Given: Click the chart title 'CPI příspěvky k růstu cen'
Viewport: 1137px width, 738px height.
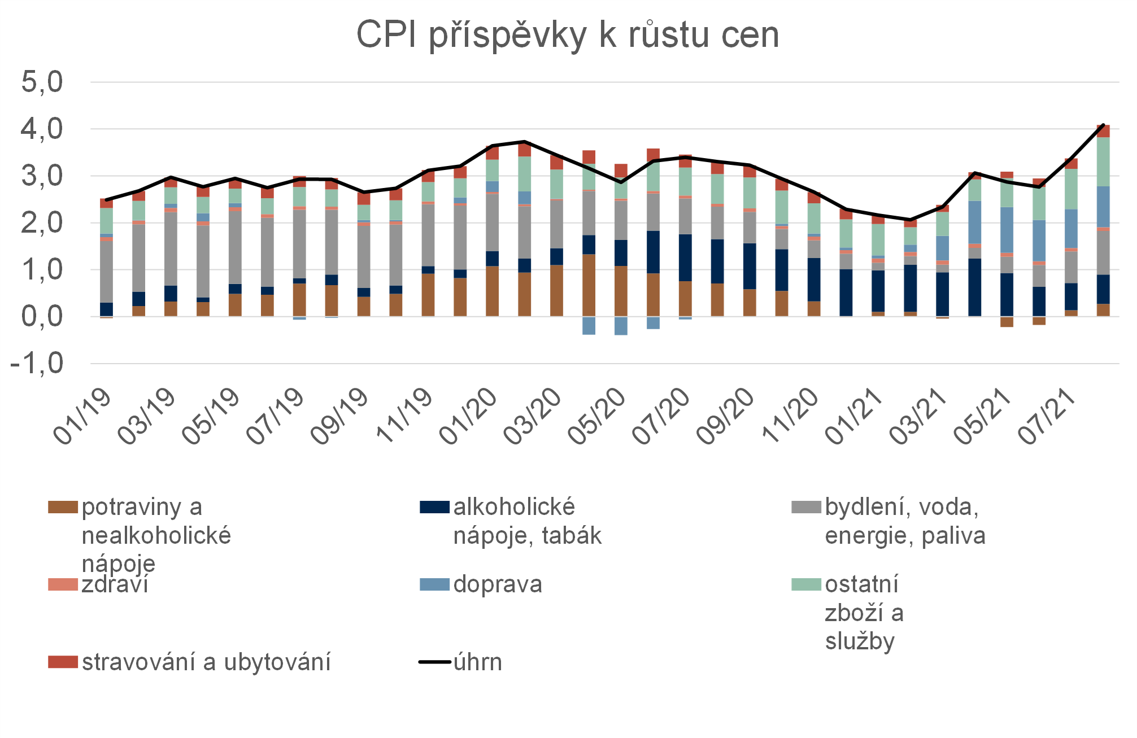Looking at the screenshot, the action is pos(568,35).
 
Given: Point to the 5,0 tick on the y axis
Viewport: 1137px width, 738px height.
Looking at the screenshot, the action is pos(42,82).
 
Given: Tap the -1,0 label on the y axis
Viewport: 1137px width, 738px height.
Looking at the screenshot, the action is pos(37,363).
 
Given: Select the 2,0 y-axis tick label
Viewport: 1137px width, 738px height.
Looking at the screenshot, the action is pos(42,223).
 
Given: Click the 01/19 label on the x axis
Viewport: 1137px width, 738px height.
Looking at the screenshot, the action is pos(82,417).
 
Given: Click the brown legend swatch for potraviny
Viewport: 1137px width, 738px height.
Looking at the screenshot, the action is pos(63,507).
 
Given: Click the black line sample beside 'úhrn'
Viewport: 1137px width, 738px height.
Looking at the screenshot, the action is pos(434,662).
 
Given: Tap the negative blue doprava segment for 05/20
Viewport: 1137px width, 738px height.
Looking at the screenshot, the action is pos(621,326).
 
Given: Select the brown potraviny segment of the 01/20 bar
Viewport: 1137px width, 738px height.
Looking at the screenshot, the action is pos(492,291).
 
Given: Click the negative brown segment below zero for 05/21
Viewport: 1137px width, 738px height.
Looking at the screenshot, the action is pos(1007,322).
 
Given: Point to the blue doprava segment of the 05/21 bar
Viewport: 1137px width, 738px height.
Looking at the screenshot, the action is pos(1007,230).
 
